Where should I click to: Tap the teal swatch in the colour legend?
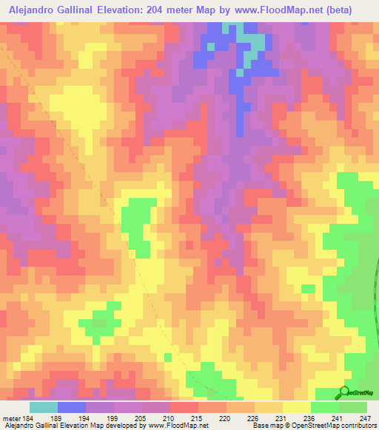click(43, 407)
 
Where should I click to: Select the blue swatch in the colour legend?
click(71, 407)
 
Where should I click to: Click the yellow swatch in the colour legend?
click(296, 407)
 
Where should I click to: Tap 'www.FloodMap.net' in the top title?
click(278, 10)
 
